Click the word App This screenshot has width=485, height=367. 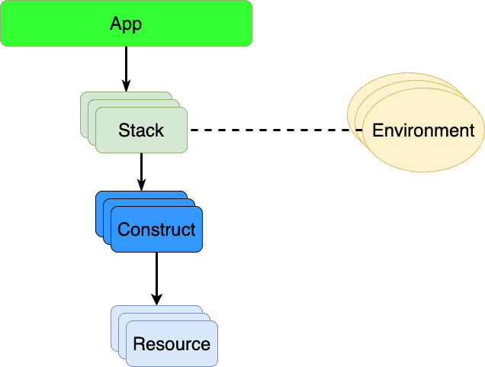pos(126,24)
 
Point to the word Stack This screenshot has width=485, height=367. pos(141,130)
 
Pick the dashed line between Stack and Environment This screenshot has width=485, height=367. pos(275,130)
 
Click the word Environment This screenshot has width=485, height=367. pos(423,130)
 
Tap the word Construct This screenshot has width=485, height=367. pos(156,230)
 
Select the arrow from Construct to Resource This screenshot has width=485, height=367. pos(156,275)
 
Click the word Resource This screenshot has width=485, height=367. pos(172,344)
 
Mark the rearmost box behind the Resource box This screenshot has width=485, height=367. pos(115,311)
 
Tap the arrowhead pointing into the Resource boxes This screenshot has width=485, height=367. pos(156,299)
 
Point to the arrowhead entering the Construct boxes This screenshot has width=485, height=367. pos(141,185)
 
